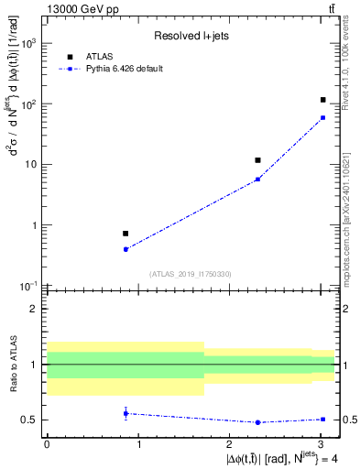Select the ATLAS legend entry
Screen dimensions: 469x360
click(98, 56)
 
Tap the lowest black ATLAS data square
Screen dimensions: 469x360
click(125, 234)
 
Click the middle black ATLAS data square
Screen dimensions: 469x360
click(257, 160)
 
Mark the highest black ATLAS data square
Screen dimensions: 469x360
click(322, 100)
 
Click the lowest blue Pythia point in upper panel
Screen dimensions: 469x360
click(125, 249)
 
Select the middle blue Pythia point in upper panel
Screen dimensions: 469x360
click(257, 179)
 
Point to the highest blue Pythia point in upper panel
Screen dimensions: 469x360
click(322, 117)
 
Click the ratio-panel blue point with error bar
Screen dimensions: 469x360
click(125, 413)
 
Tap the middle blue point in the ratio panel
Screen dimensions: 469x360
click(257, 422)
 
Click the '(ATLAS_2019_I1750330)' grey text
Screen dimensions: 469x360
click(190, 274)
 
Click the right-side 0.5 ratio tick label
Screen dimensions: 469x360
click(348, 420)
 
